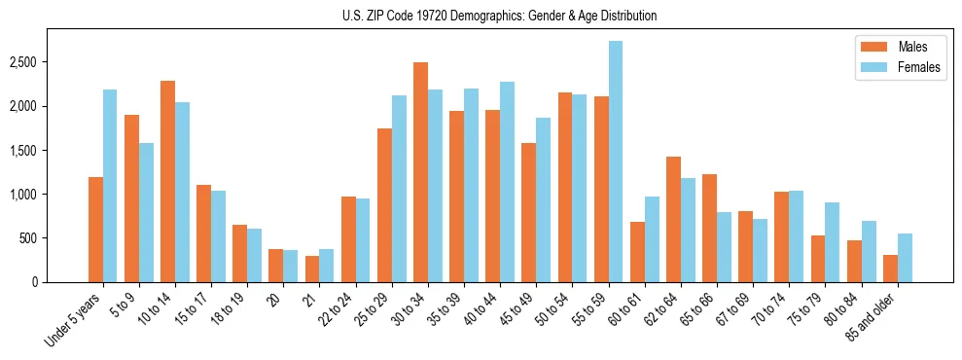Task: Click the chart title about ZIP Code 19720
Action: click(499, 16)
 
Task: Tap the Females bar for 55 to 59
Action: click(615, 162)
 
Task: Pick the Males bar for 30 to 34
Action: click(420, 172)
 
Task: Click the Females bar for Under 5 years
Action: click(110, 186)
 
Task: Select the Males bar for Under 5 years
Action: click(95, 230)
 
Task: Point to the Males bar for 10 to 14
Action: click(167, 182)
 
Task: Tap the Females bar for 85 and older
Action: click(904, 258)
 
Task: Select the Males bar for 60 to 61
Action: click(637, 252)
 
